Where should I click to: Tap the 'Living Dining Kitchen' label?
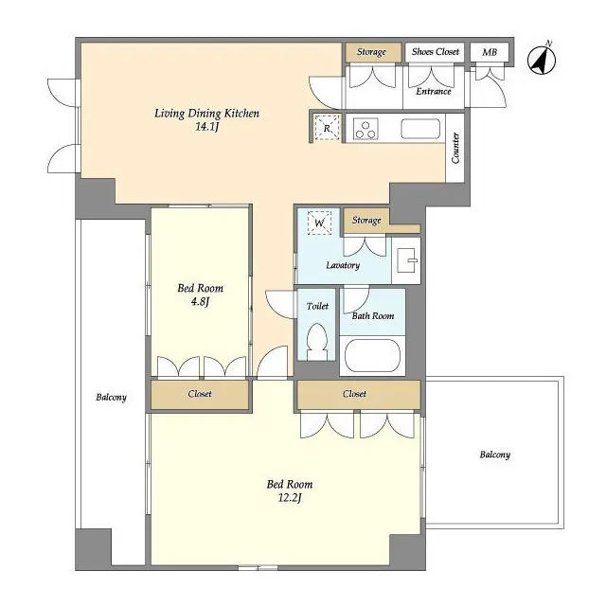pos(206,114)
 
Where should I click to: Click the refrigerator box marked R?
pos(327,128)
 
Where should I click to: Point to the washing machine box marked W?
pos(320,223)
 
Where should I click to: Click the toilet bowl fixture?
pos(318,340)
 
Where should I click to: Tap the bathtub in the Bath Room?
pos(372,357)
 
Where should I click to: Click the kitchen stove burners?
pos(365,128)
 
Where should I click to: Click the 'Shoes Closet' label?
pos(436,52)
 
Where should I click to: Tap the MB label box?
pos(490,52)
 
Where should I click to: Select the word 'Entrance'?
pos(434,92)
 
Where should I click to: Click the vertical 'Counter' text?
pos(455,149)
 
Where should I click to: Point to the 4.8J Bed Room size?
pos(200,304)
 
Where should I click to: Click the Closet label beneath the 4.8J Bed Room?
pos(199,394)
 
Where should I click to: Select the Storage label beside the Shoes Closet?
pos(371,52)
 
